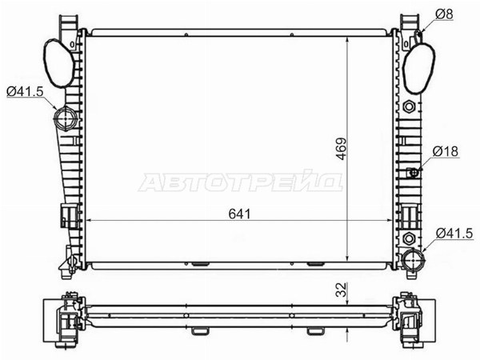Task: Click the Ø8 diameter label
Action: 444,14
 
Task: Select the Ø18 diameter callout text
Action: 446,151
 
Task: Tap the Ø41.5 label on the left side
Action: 25,91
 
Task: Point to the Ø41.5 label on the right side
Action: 454,234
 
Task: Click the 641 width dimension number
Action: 239,214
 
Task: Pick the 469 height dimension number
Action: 342,149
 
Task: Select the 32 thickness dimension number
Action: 342,290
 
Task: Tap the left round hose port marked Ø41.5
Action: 65,118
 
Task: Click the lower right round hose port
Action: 414,259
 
